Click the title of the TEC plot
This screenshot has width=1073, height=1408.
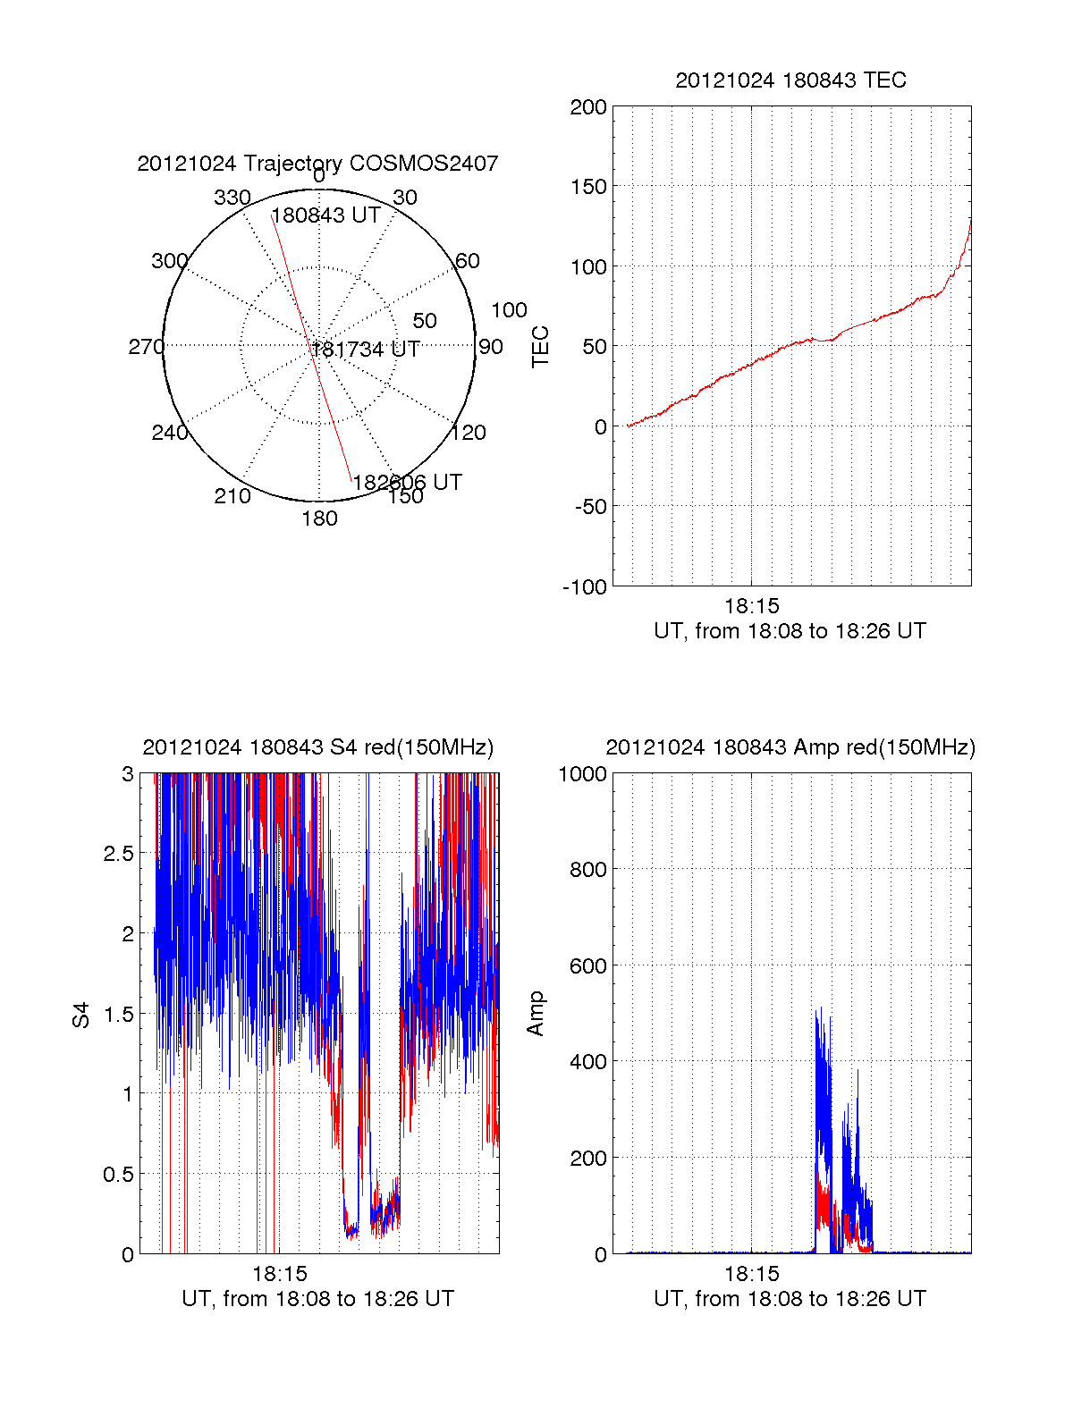[x=790, y=80]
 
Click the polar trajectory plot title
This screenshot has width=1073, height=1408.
[x=317, y=164]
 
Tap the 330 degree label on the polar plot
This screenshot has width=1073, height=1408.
[x=232, y=198]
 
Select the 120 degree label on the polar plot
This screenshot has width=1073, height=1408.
[x=469, y=433]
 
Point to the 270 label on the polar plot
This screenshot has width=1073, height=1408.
[x=146, y=347]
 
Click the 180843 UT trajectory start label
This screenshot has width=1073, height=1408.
[x=326, y=215]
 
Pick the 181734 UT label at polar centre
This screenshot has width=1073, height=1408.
[x=365, y=350]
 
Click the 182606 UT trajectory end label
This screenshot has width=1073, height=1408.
[x=407, y=483]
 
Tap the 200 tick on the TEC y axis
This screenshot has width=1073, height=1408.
[x=588, y=107]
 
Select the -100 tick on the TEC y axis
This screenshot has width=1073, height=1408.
[x=585, y=587]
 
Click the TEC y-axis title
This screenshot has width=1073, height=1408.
[x=541, y=347]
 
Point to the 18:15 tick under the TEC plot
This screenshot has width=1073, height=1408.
[x=751, y=606]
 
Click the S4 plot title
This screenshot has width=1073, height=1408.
[x=317, y=747]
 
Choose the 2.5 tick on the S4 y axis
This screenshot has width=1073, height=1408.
[x=118, y=854]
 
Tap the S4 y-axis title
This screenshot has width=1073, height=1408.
[x=81, y=1015]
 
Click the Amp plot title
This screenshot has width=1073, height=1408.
[x=790, y=747]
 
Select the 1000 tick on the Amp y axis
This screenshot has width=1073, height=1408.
[x=583, y=774]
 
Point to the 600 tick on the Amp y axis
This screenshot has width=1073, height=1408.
[x=588, y=966]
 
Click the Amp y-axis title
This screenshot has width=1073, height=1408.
[x=536, y=1014]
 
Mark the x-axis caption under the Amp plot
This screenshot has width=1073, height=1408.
[x=790, y=1299]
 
